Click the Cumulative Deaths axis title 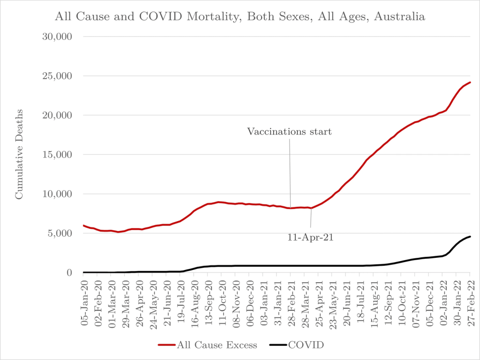(x=19, y=155)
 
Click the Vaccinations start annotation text (x=290, y=132)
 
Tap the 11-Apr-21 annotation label (x=310, y=238)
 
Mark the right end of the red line (x=470, y=82)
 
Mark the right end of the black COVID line (x=470, y=236)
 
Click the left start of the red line (x=83, y=225)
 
